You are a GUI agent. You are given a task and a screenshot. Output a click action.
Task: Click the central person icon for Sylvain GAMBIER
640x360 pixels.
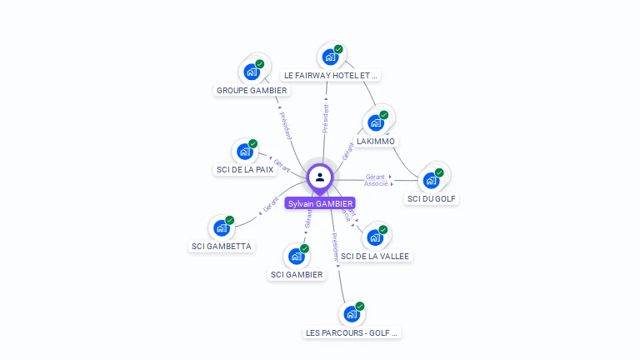click(x=320, y=177)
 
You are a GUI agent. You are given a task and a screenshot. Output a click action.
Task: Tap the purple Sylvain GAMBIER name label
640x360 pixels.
click(x=320, y=203)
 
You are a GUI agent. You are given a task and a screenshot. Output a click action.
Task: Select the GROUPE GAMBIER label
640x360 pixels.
click(x=252, y=91)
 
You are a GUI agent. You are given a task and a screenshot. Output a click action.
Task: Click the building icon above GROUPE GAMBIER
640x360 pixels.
click(x=252, y=72)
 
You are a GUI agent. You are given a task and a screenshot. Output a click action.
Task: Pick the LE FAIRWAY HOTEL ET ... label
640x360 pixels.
click(x=332, y=75)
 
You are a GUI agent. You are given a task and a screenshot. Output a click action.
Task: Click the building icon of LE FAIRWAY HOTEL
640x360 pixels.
click(x=331, y=57)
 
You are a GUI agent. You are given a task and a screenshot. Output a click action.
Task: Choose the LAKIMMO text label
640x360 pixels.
click(x=376, y=142)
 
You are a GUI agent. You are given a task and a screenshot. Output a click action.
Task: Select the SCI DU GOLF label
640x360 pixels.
click(x=432, y=199)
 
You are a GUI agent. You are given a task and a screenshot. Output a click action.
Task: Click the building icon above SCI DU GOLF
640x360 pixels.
click(x=431, y=180)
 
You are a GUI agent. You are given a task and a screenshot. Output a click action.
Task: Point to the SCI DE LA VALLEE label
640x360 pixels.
click(x=375, y=257)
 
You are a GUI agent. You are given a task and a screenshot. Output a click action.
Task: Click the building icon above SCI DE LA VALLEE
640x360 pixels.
click(x=375, y=237)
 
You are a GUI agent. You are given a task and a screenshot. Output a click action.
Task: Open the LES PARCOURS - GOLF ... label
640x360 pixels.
click(x=352, y=332)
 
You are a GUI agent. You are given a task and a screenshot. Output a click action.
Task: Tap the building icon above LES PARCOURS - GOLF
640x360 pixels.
click(x=352, y=314)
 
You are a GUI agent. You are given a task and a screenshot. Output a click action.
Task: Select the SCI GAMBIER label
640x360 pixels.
click(x=297, y=275)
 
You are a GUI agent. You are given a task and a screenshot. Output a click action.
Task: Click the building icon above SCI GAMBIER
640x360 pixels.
click(x=297, y=256)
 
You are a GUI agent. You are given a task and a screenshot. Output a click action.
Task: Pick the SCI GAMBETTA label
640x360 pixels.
click(x=222, y=247)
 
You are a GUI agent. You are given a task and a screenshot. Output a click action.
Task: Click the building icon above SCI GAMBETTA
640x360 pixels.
click(x=222, y=227)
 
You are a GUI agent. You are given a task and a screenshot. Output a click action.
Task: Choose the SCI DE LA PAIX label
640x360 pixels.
click(x=245, y=170)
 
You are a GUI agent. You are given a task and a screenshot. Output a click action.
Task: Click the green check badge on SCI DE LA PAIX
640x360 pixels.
click(x=253, y=143)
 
